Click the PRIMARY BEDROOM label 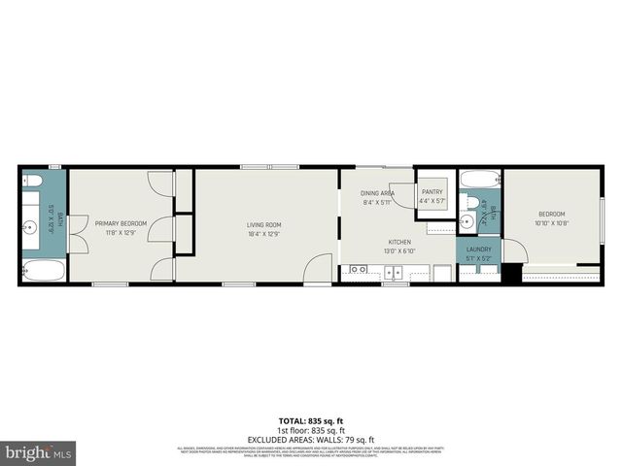click(x=121, y=223)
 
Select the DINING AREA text click(x=377, y=194)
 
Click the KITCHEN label click(x=399, y=242)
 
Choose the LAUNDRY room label click(x=478, y=249)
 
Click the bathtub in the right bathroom click(x=479, y=179)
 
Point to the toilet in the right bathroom click(x=467, y=221)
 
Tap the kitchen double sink click(x=358, y=269)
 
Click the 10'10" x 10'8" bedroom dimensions click(x=551, y=223)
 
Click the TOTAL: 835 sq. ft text click(x=310, y=420)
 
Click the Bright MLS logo click(x=39, y=452)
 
